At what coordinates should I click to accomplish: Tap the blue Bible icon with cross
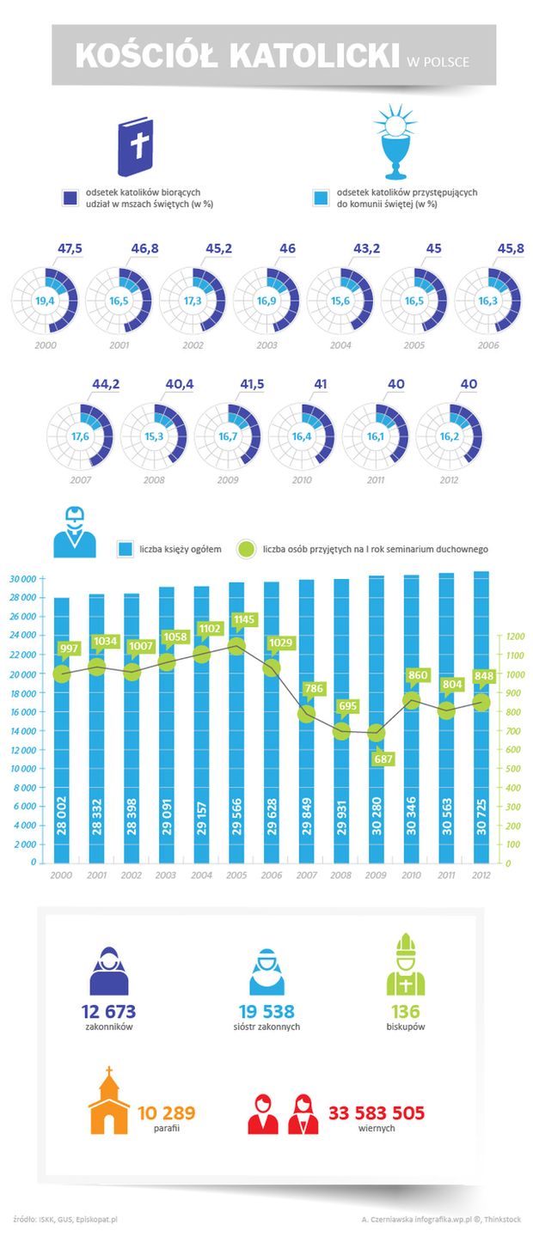(140, 145)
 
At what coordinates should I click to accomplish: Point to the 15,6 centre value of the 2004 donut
(340, 301)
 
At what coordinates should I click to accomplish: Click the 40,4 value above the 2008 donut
(168, 386)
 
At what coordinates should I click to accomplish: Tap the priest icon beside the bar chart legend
(75, 533)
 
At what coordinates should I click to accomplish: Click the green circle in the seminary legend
(246, 548)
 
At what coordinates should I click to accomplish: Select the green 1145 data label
(237, 620)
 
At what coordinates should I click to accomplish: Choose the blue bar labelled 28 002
(62, 730)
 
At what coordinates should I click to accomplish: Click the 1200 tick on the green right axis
(513, 637)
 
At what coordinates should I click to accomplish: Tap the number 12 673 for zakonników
(108, 1012)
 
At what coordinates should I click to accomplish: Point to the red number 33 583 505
(377, 1114)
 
